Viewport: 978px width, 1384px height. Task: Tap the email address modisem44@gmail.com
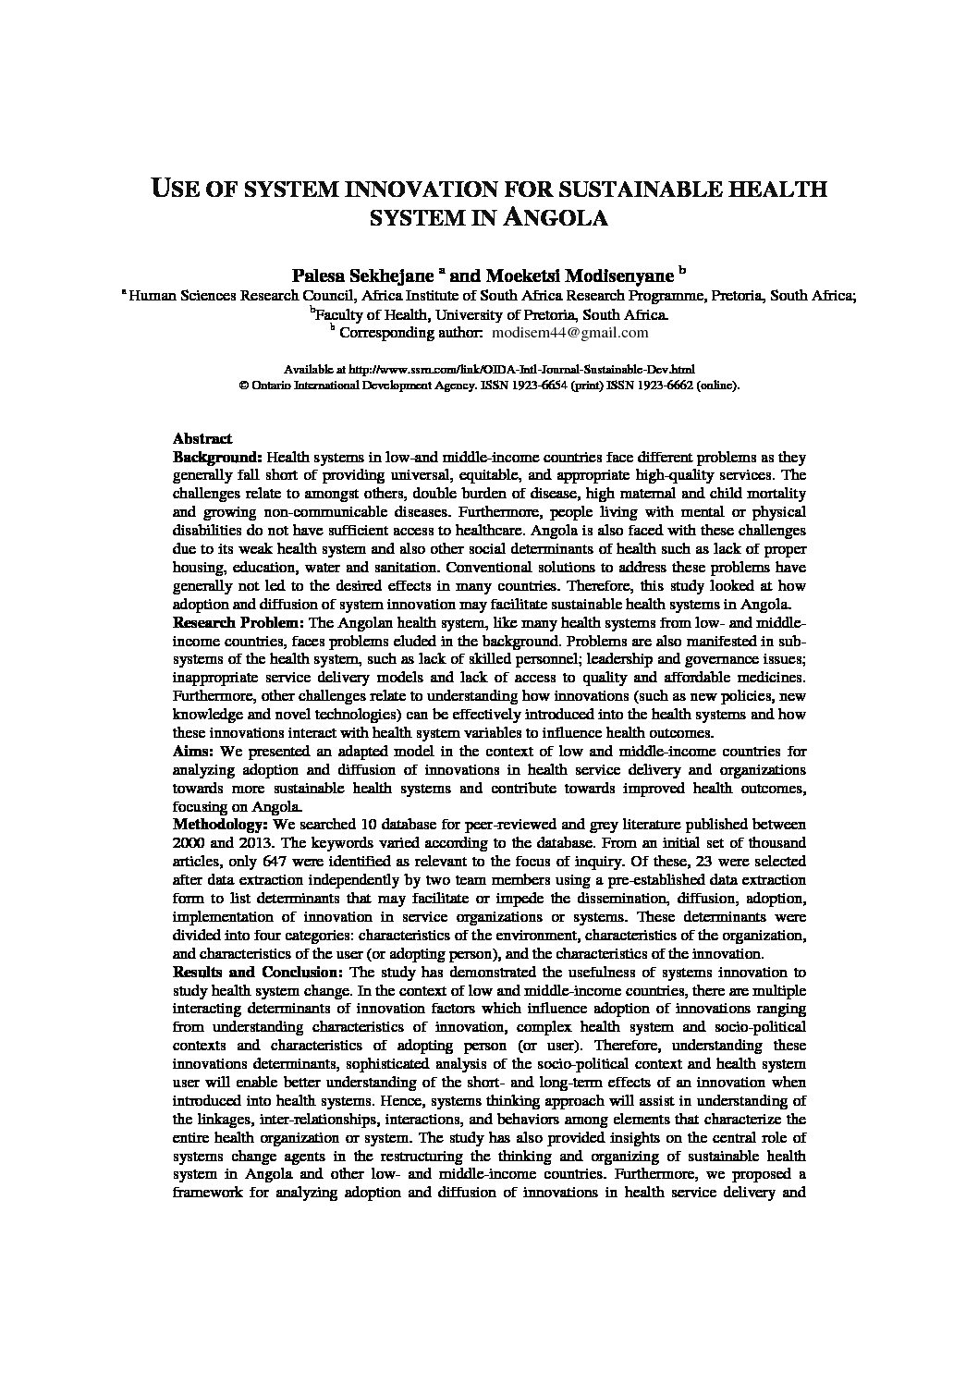(x=570, y=333)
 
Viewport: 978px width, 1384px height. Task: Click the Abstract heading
(x=202, y=439)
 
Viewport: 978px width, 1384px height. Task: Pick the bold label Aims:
(x=191, y=752)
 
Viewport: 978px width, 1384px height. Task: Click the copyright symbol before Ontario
(x=244, y=386)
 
